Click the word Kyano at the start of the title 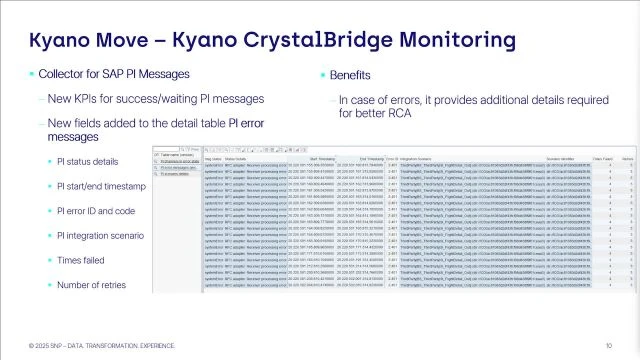[x=59, y=41]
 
